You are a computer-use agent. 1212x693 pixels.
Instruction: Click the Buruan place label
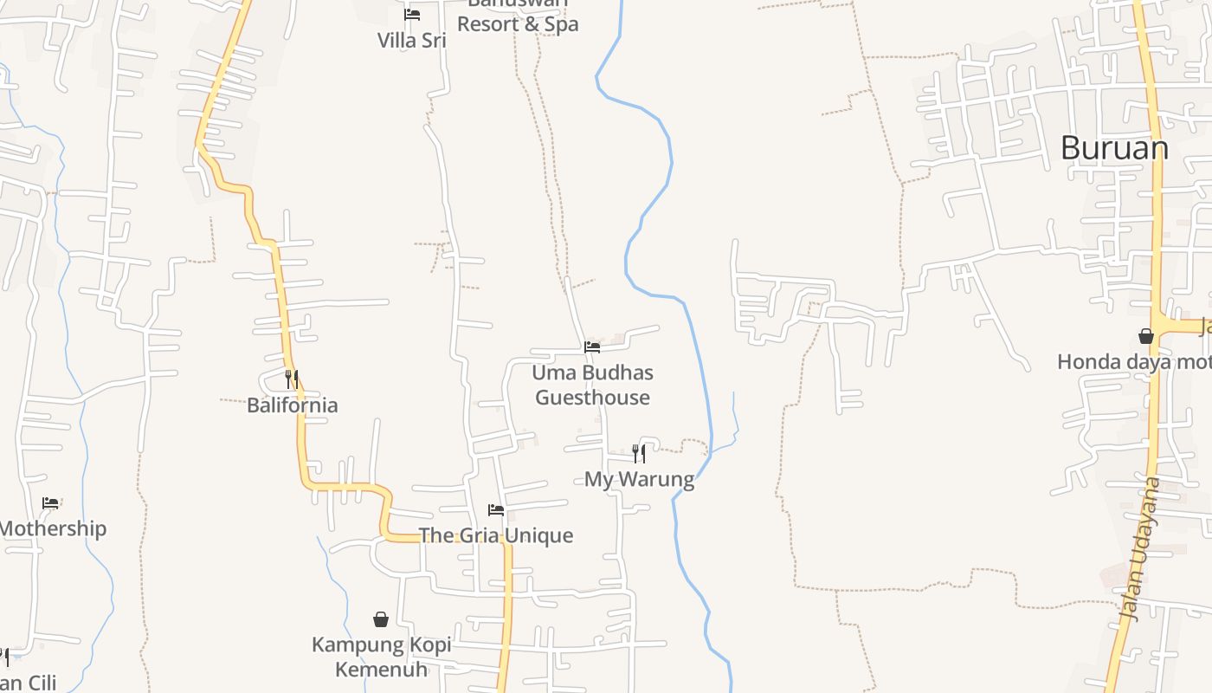click(x=1114, y=149)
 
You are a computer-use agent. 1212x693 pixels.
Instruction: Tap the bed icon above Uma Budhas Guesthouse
click(x=592, y=347)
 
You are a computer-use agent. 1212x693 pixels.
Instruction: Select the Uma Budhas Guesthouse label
click(x=592, y=385)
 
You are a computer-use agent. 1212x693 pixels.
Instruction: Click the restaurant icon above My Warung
click(x=639, y=453)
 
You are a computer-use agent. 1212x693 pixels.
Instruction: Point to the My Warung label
click(x=639, y=479)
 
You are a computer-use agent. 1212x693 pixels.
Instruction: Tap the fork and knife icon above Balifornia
click(x=292, y=379)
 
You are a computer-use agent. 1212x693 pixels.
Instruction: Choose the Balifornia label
click(x=293, y=405)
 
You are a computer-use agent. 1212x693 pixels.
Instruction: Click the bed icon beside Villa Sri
click(x=412, y=15)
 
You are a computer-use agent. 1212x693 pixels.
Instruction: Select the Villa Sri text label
click(x=412, y=41)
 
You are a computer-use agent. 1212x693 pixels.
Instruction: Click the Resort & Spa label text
click(x=518, y=24)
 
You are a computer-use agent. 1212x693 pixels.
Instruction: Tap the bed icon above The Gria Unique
click(x=496, y=510)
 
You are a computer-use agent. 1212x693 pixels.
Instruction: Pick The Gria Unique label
click(x=496, y=535)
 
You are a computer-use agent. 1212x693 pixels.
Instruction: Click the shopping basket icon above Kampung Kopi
click(x=381, y=619)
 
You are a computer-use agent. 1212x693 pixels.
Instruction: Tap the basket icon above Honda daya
click(x=1146, y=336)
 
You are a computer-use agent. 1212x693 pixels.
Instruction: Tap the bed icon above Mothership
click(x=51, y=503)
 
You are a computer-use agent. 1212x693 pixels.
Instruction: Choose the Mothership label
click(x=52, y=528)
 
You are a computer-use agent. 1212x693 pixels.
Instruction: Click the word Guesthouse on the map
click(x=592, y=398)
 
